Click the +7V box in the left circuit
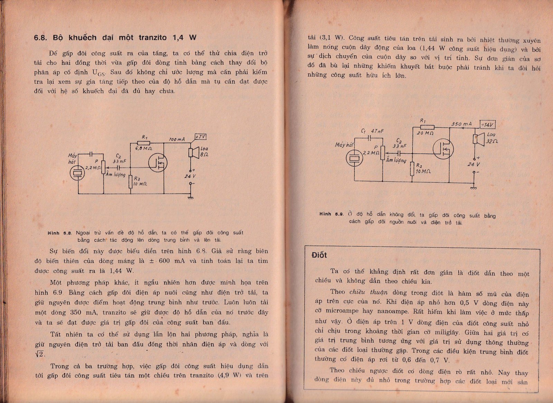pos(200,137)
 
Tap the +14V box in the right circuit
pos(488,125)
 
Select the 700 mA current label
pos(177,139)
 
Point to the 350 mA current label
pos(461,124)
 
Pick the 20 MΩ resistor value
pos(425,133)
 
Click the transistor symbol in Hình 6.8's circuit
pos(158,162)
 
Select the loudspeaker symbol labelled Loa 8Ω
pos(193,152)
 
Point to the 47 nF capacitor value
pos(377,131)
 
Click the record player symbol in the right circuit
pos(355,159)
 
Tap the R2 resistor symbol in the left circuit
pos(130,182)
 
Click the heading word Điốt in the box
pos(319,255)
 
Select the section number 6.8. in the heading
pos(41,38)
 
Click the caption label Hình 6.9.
pos(331,214)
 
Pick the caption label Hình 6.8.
pos(59,233)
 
